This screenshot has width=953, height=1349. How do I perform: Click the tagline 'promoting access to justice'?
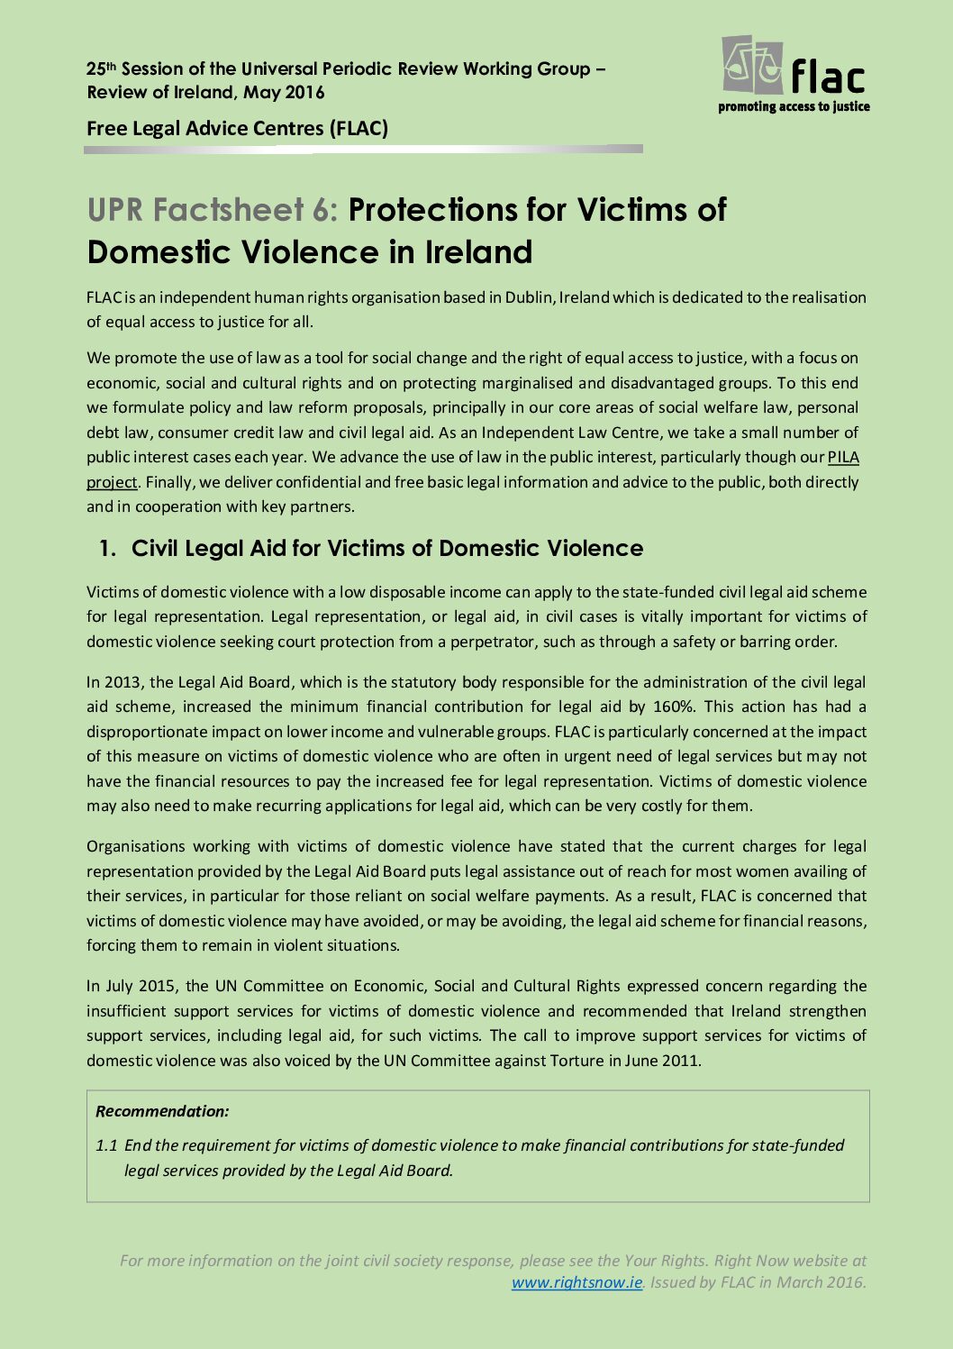(794, 106)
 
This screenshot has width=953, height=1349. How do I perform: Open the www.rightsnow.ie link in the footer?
(576, 1282)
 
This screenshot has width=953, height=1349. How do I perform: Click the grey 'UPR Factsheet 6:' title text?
(213, 210)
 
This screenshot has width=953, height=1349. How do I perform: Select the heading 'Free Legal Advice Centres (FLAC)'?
(237, 128)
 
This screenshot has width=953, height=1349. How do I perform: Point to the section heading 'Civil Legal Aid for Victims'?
(387, 548)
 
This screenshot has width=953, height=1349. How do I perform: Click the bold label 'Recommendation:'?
(162, 1111)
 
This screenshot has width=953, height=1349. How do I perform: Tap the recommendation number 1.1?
(106, 1145)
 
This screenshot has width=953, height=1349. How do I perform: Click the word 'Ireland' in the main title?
(478, 252)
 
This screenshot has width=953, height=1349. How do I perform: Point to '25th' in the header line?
(101, 68)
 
